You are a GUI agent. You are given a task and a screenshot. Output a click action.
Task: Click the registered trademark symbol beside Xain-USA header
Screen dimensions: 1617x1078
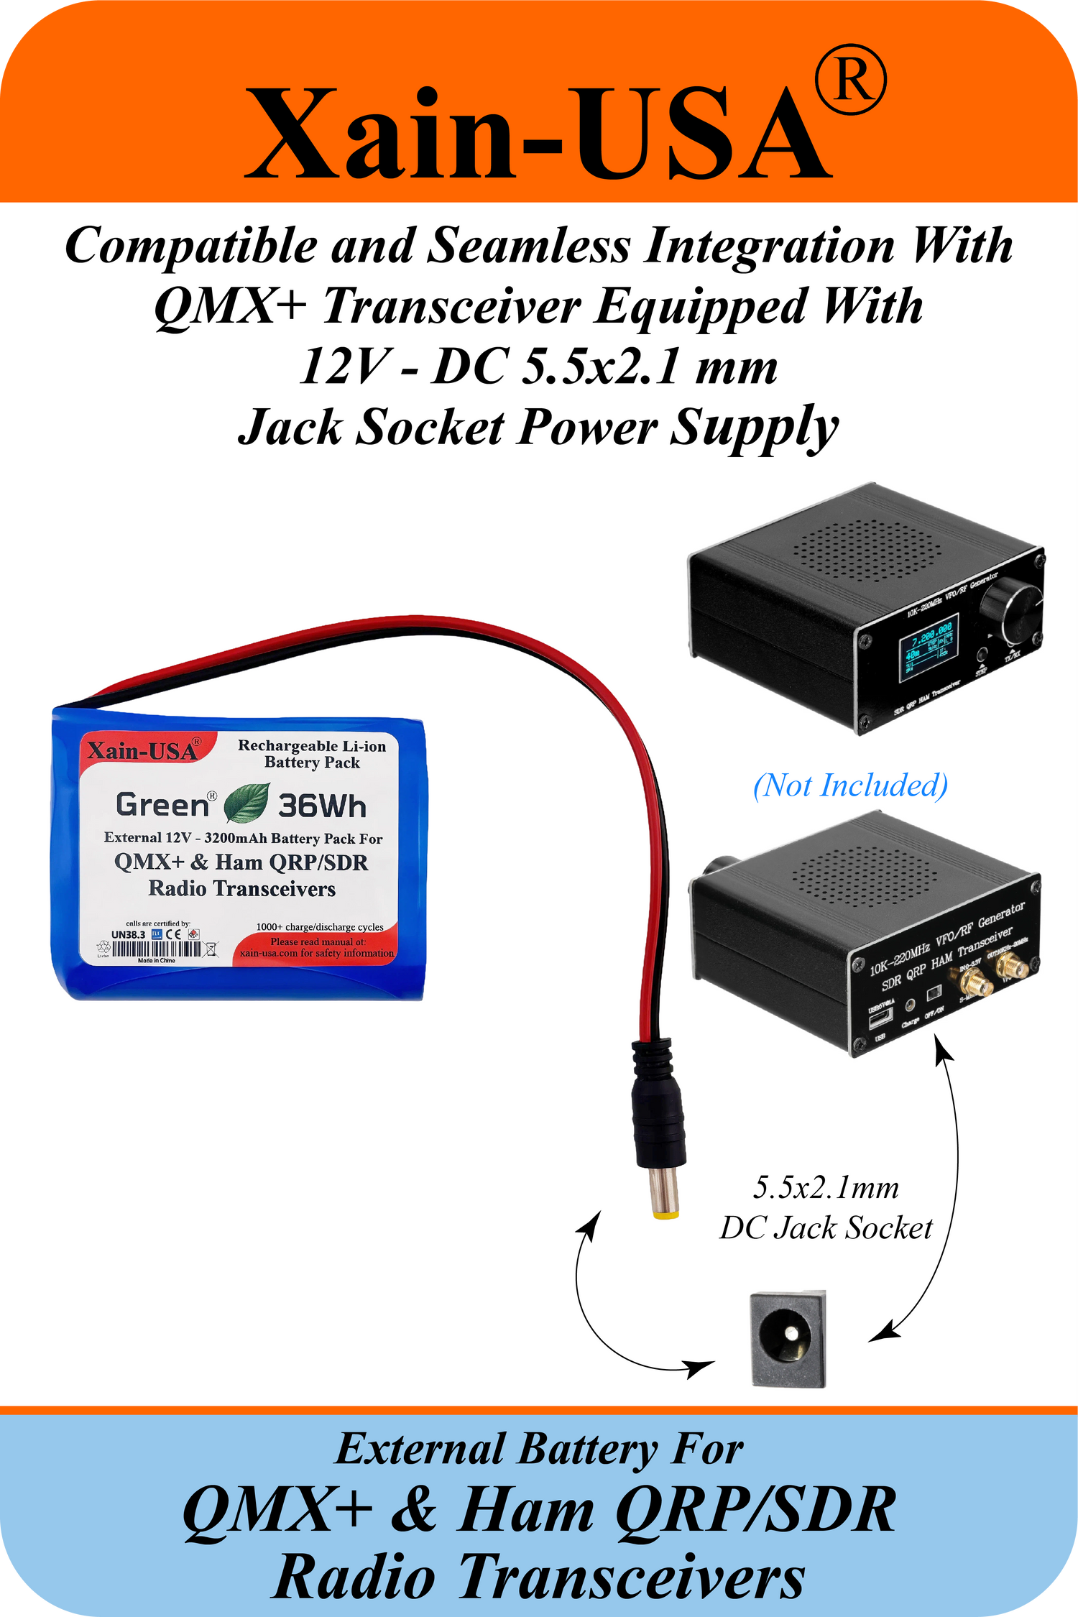pyautogui.click(x=851, y=80)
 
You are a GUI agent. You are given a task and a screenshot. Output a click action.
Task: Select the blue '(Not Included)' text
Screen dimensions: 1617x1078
pyautogui.click(x=850, y=786)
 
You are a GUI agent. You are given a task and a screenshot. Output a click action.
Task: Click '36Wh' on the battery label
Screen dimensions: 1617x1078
pyautogui.click(x=322, y=806)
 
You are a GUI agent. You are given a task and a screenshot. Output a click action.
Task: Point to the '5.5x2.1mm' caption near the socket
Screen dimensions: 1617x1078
pyautogui.click(x=826, y=1188)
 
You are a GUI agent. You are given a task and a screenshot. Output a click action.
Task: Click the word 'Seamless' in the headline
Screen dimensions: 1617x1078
pyautogui.click(x=528, y=247)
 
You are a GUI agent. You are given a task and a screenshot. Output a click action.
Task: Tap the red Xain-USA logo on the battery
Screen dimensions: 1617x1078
pyautogui.click(x=142, y=751)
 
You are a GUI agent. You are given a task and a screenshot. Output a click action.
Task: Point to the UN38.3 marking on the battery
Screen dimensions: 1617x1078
pyautogui.click(x=128, y=934)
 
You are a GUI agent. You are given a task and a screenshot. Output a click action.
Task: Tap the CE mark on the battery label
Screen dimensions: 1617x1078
pyautogui.click(x=173, y=934)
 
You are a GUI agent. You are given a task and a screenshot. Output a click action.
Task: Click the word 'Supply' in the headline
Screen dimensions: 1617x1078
pyautogui.click(x=754, y=428)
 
